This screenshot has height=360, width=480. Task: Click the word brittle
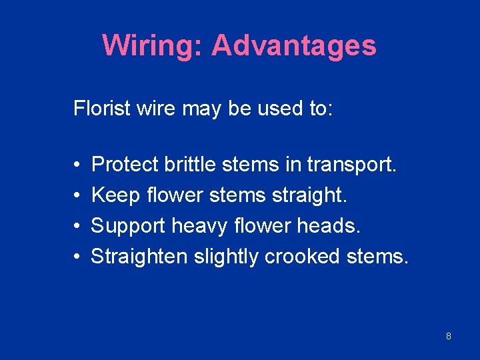pyautogui.click(x=186, y=164)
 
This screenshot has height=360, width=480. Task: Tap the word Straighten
pyautogui.click(x=139, y=257)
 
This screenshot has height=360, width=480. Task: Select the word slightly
pyautogui.click(x=226, y=257)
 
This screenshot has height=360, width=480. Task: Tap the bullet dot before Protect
pyautogui.click(x=77, y=165)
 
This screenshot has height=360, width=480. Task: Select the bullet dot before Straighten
pyautogui.click(x=77, y=257)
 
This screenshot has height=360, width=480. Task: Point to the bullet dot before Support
pyautogui.click(x=77, y=226)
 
